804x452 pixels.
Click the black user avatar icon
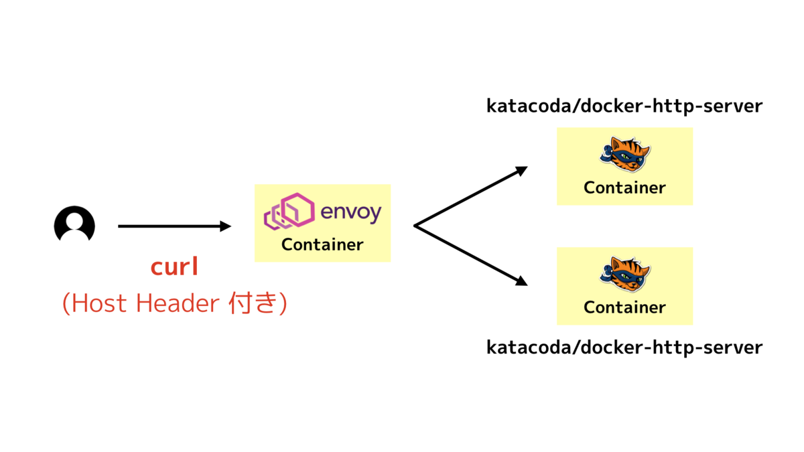74,224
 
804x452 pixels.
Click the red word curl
174,267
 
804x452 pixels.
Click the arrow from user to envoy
171,226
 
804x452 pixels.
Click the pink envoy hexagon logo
290,211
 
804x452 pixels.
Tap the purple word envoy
351,212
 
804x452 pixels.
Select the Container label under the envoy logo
322,244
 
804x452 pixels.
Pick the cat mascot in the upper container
624,155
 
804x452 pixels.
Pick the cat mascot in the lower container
624,275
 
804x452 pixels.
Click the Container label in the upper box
624,188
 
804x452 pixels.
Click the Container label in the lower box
624,307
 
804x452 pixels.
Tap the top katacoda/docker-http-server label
624,106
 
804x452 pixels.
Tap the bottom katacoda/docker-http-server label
624,348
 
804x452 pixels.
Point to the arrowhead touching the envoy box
226,226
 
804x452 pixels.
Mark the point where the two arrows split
415,226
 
